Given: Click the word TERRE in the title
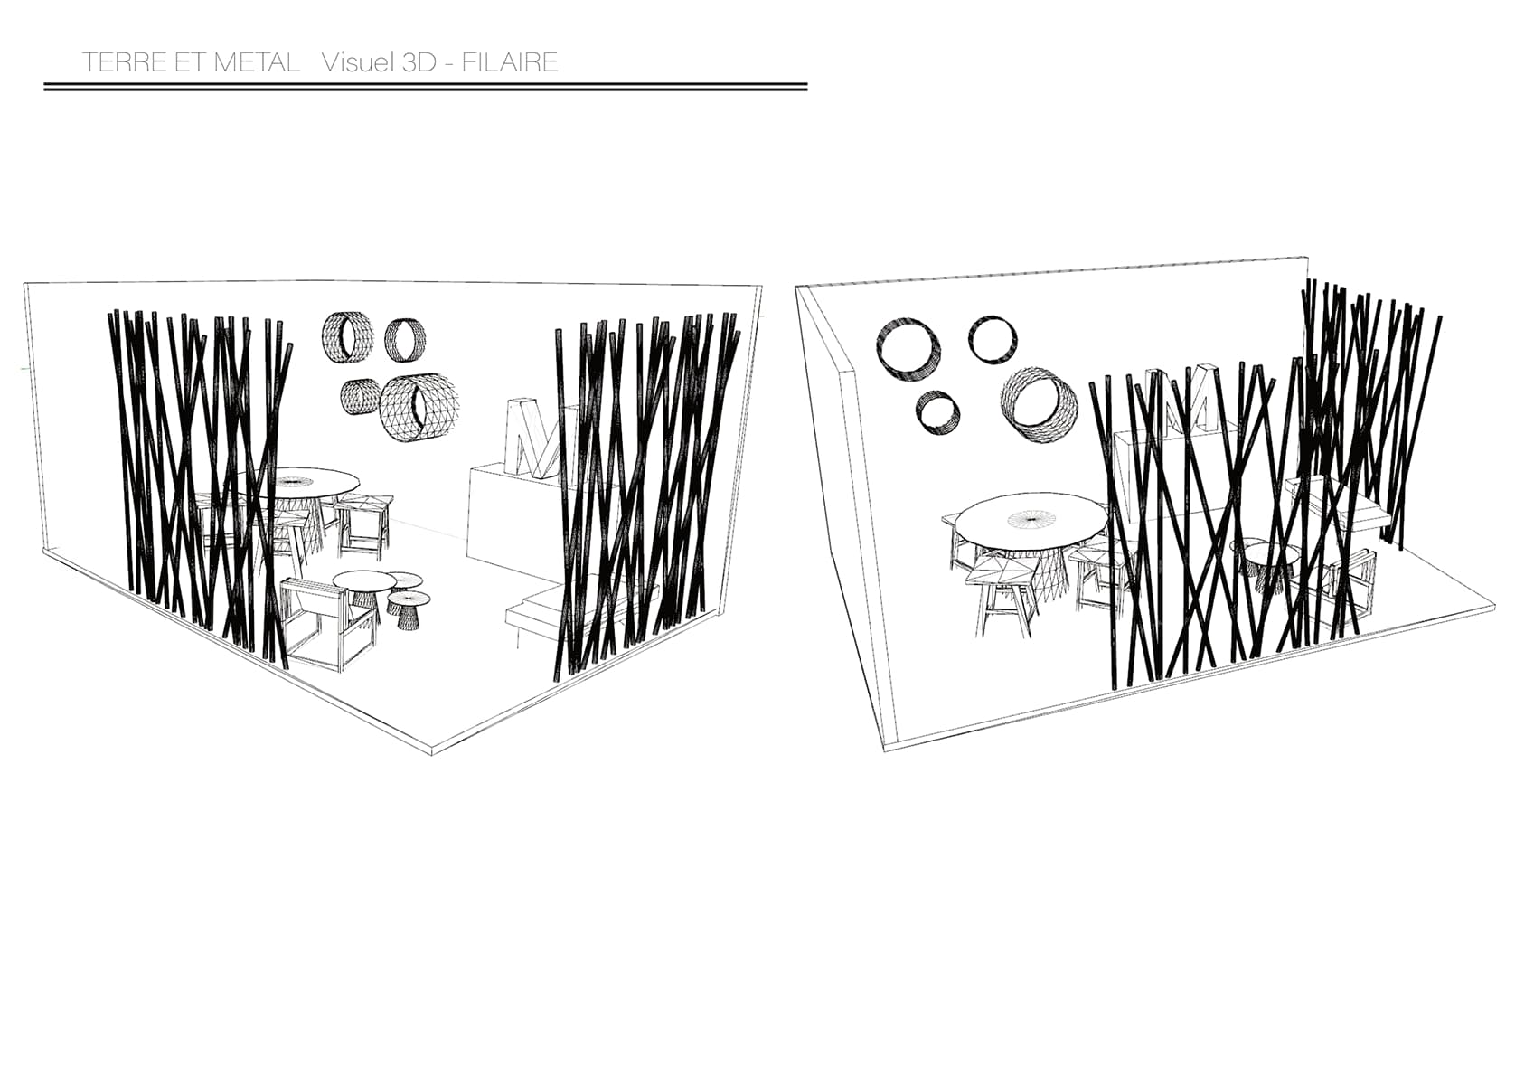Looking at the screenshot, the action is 125,62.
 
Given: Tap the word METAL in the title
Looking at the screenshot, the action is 257,62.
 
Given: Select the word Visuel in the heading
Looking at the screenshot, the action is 358,62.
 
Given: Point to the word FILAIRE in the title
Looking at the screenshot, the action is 510,62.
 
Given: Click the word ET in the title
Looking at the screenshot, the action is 191,62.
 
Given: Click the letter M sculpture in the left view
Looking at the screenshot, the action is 534,438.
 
